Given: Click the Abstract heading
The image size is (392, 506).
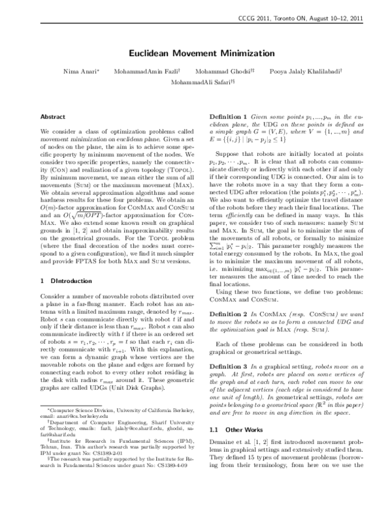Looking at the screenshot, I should click(53, 116).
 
